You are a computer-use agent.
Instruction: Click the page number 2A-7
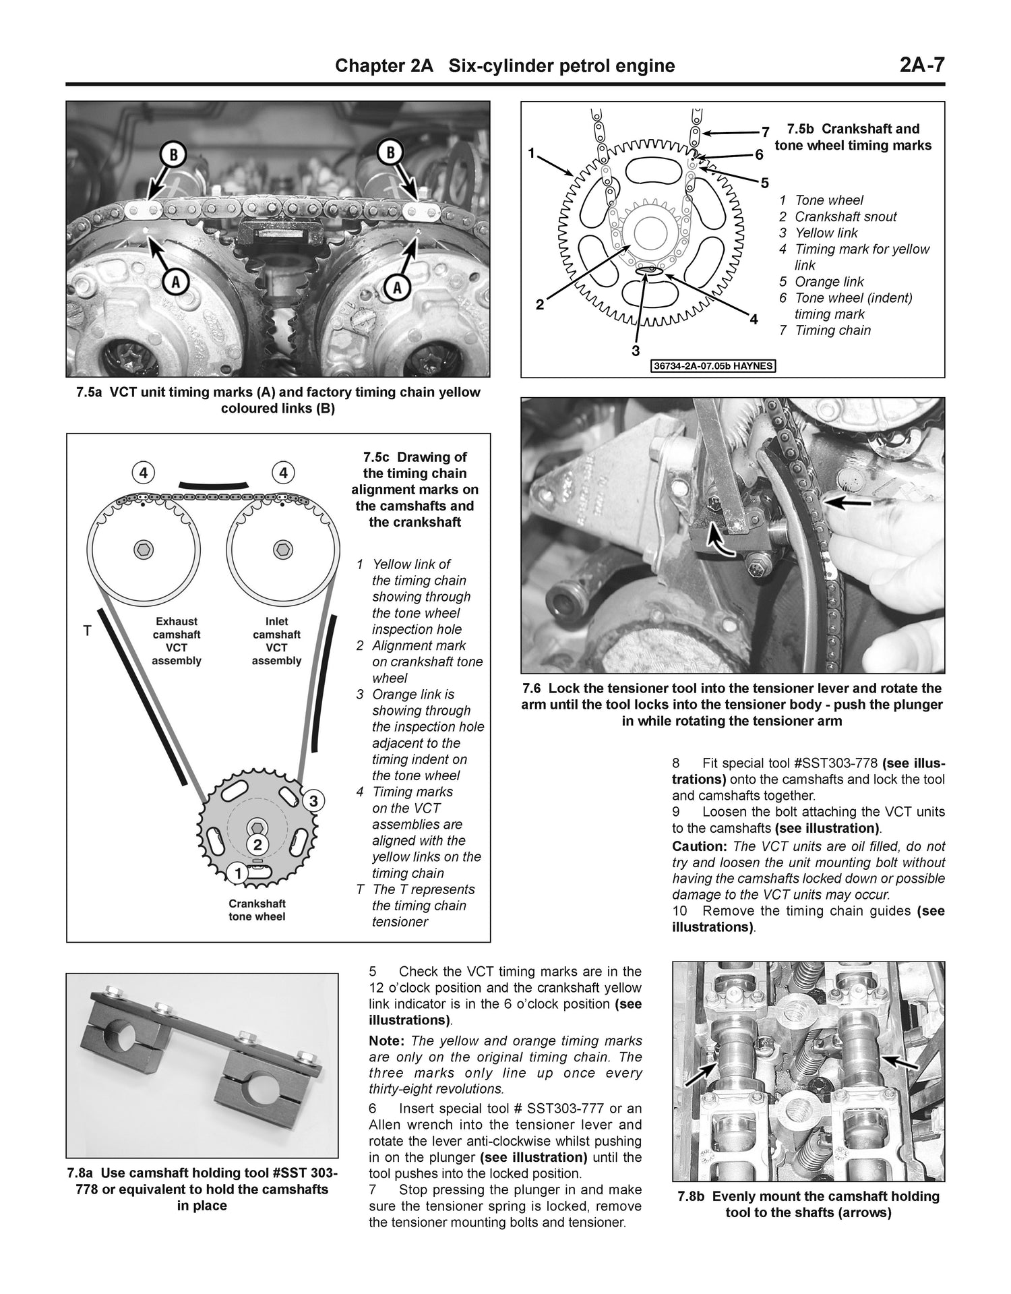pos(921,65)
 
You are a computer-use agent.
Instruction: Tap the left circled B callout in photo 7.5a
pos(173,154)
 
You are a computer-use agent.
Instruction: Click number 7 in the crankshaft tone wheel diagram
pos(765,131)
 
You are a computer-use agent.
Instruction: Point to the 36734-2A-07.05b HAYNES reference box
pos(714,367)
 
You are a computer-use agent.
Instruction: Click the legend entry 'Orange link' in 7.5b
pos(828,282)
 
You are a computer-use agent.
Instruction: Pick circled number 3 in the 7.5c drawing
pos(313,801)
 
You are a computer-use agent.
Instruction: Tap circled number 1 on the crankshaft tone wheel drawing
pos(237,874)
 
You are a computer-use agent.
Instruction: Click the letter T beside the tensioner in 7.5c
pos(86,632)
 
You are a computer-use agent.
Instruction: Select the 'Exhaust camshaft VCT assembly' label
pos(177,641)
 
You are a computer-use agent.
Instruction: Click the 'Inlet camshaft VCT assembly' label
pos(276,641)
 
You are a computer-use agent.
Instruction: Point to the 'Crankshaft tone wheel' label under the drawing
pos(257,910)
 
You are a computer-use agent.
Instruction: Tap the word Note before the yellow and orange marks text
pos(386,1041)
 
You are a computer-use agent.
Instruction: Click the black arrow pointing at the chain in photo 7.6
pos(851,502)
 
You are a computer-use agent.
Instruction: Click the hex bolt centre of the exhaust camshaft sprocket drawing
pos(144,549)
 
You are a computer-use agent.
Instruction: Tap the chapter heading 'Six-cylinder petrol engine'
pos(561,65)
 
